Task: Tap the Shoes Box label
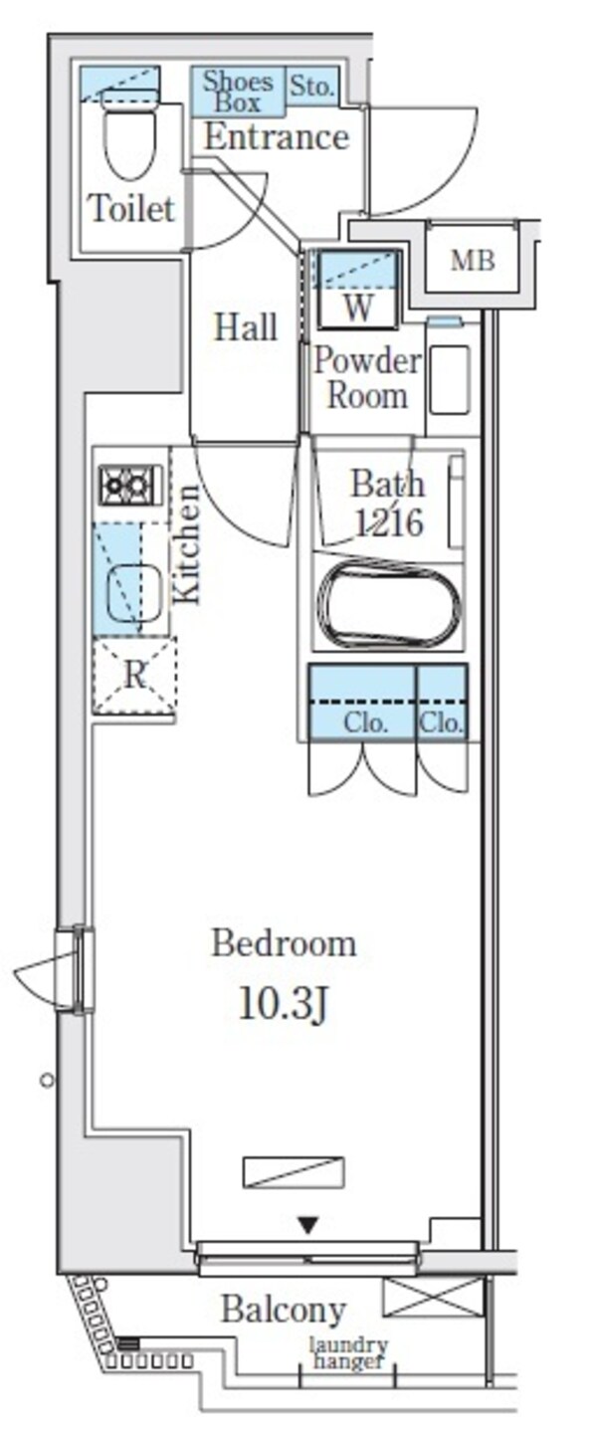(x=238, y=92)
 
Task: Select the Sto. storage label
(x=311, y=86)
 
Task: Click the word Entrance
(x=277, y=137)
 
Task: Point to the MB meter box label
(x=473, y=261)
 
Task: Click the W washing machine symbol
(x=357, y=289)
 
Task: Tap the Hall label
(x=246, y=327)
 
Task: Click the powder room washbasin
(x=450, y=379)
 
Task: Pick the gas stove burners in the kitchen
(x=130, y=484)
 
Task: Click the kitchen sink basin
(x=134, y=595)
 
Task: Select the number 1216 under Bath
(x=389, y=522)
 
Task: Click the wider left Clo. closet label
(x=365, y=723)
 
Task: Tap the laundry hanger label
(x=348, y=1353)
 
